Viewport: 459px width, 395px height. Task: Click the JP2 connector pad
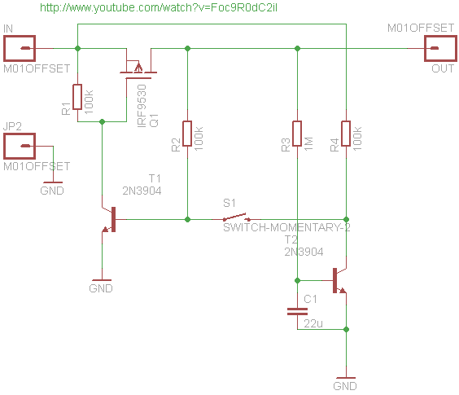tap(20, 146)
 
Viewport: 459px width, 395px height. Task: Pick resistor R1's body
tap(77, 97)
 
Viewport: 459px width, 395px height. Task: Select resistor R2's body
tap(187, 134)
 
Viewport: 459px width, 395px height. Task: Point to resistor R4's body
tap(346, 134)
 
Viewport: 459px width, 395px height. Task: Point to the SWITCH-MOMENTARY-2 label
tap(286, 228)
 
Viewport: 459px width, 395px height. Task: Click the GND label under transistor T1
tap(101, 288)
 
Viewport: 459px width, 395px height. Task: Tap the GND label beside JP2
tap(52, 191)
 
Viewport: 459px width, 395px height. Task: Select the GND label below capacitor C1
tap(345, 386)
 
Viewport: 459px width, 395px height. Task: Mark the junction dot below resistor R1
tap(102, 121)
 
